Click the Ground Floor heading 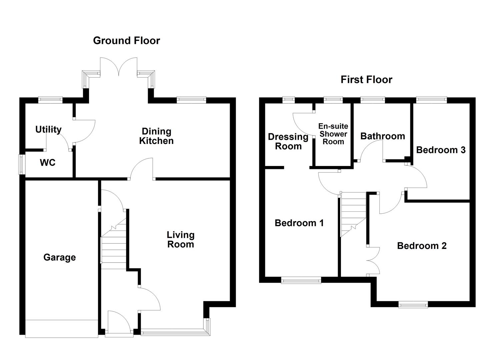126,41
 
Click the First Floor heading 366,80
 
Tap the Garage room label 59,257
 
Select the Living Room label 180,240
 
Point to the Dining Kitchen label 156,136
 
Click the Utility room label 48,129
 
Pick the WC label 48,163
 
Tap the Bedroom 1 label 299,223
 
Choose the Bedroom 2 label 422,246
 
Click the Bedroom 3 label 441,150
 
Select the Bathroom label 382,136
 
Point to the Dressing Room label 288,141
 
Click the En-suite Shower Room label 333,134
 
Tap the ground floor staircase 113,247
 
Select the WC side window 22,164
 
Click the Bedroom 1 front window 301,281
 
